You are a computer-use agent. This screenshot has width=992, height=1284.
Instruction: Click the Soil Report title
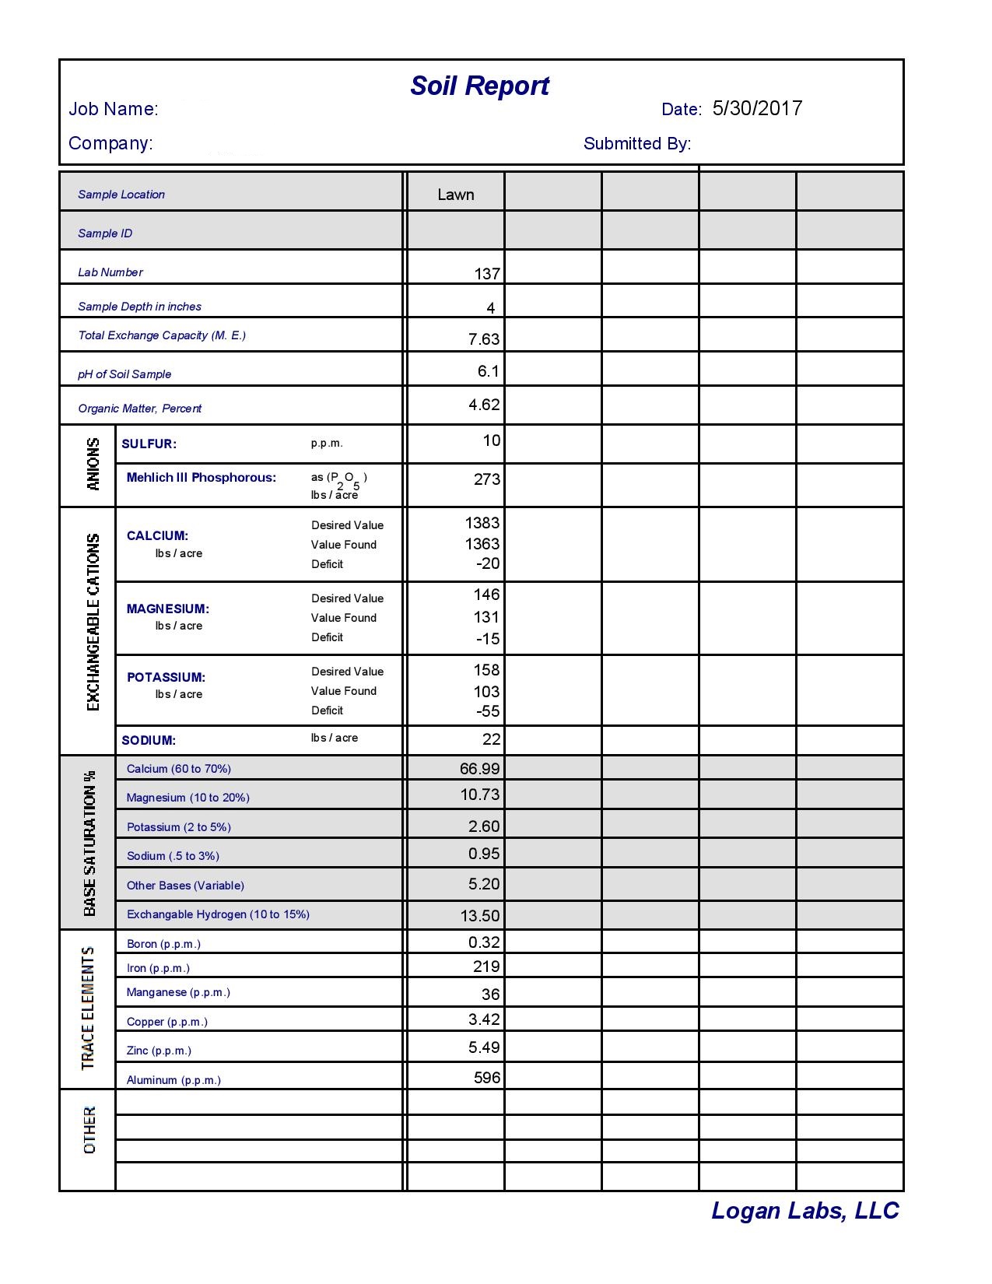[479, 86]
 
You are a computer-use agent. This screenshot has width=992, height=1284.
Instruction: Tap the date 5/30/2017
[757, 108]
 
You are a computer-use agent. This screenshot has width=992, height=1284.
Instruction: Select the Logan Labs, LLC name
[804, 1211]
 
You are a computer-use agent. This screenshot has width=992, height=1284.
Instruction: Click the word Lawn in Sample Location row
[455, 195]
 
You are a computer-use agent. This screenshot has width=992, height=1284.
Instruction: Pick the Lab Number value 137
[487, 274]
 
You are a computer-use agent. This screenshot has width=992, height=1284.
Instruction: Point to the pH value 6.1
[488, 371]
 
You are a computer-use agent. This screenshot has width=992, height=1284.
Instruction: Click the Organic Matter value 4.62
[484, 405]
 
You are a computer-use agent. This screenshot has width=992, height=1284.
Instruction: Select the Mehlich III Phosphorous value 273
[486, 479]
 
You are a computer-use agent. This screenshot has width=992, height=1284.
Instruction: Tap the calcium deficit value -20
[488, 563]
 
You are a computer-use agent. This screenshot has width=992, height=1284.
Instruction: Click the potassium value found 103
[486, 692]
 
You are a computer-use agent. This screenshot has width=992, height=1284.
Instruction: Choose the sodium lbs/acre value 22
[491, 739]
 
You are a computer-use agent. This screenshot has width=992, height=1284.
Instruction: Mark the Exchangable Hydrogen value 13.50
[480, 916]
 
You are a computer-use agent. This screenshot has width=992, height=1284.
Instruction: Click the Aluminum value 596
[487, 1078]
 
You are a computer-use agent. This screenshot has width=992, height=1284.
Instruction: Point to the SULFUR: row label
[149, 444]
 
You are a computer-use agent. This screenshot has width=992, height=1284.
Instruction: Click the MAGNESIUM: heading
[167, 609]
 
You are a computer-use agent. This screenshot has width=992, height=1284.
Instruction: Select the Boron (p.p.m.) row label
[163, 944]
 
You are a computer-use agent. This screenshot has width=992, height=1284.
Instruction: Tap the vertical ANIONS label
[93, 464]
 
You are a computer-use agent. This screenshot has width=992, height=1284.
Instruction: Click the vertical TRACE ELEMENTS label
[88, 1008]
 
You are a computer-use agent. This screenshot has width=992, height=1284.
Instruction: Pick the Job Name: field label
[114, 109]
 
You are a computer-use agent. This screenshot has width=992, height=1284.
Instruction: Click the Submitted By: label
[637, 144]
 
